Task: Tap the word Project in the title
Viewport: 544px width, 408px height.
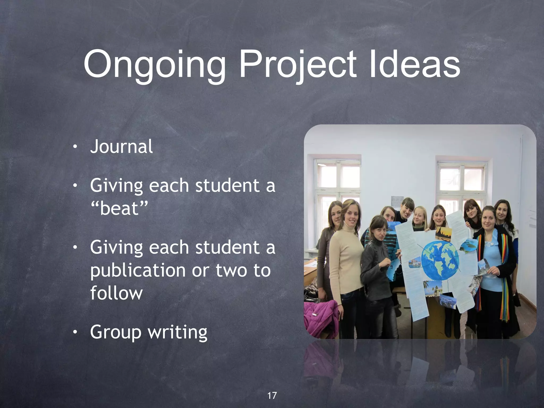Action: coord(297,65)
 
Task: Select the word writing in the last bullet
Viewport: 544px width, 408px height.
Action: coord(178,332)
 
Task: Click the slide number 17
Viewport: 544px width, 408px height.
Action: coord(272,396)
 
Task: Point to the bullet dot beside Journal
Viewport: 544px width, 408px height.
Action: coord(75,147)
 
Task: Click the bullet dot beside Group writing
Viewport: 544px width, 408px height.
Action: coord(75,332)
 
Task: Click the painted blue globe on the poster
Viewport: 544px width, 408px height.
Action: coord(440,260)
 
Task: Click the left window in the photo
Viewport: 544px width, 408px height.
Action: coord(337,183)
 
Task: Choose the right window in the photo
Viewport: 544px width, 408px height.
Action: coord(462,183)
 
